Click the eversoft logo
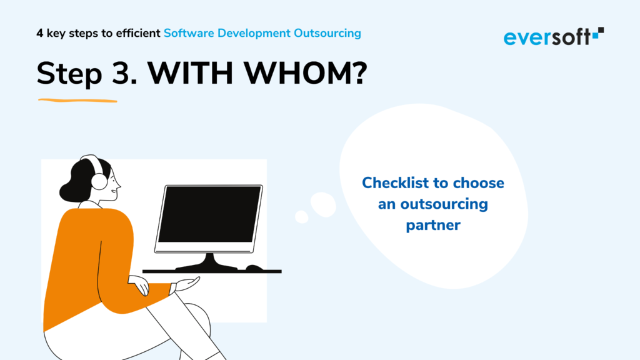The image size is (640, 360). pyautogui.click(x=554, y=36)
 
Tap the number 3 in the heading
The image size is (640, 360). pyautogui.click(x=121, y=74)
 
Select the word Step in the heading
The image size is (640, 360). pyautogui.click(x=69, y=75)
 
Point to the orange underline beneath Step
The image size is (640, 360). pyautogui.click(x=77, y=101)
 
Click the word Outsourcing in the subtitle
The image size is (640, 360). pyautogui.click(x=327, y=33)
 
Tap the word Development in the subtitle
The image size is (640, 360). pyautogui.click(x=254, y=34)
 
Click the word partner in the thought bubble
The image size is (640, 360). pyautogui.click(x=433, y=225)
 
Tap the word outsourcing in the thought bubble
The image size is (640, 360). pyautogui.click(x=444, y=204)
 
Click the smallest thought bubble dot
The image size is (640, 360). pyautogui.click(x=302, y=217)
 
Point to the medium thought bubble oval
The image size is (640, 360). pyautogui.click(x=323, y=204)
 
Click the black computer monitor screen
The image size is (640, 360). pyautogui.click(x=209, y=214)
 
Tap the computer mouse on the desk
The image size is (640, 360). pyautogui.click(x=254, y=267)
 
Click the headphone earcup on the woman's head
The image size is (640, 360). pyautogui.click(x=99, y=181)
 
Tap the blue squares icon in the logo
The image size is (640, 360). pyautogui.click(x=598, y=34)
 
